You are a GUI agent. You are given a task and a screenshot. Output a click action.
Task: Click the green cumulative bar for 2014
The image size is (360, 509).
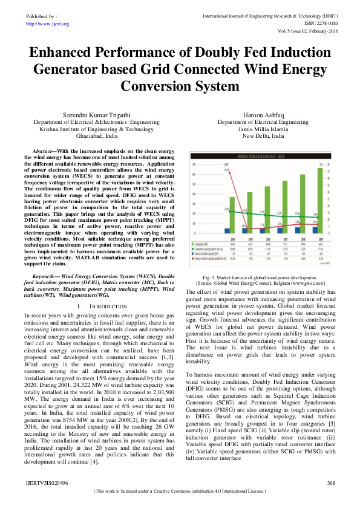tap(232, 215)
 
